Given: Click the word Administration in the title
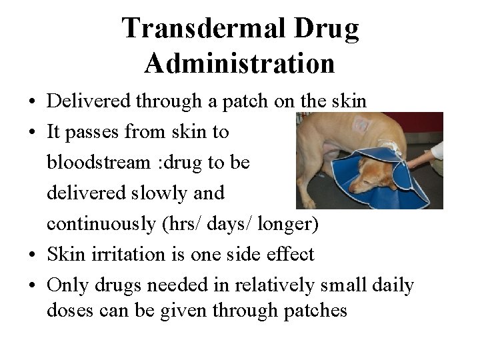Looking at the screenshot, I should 239,64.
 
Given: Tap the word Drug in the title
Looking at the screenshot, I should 325,29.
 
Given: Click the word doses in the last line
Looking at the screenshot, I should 69,310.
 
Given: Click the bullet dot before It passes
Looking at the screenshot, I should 32,133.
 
